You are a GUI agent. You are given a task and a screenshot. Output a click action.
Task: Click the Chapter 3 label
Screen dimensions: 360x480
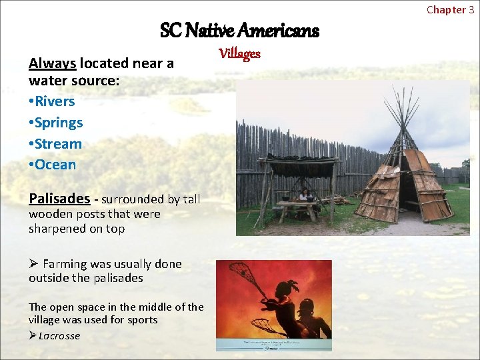click(450, 9)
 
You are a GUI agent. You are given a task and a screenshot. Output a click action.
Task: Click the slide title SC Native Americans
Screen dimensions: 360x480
click(239, 31)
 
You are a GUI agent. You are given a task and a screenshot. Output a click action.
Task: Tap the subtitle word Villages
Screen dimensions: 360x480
click(240, 54)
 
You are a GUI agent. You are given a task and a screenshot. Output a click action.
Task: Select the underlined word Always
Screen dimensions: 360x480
click(52, 63)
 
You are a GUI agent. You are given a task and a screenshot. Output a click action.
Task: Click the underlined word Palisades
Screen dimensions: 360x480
click(59, 199)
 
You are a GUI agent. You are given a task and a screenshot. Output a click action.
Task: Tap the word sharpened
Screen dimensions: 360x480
click(57, 229)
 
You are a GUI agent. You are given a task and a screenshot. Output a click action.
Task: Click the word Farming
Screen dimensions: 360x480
click(65, 264)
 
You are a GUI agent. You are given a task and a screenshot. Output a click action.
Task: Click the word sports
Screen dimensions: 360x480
click(143, 320)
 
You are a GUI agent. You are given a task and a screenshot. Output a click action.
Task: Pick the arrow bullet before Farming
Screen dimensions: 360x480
click(33, 264)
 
